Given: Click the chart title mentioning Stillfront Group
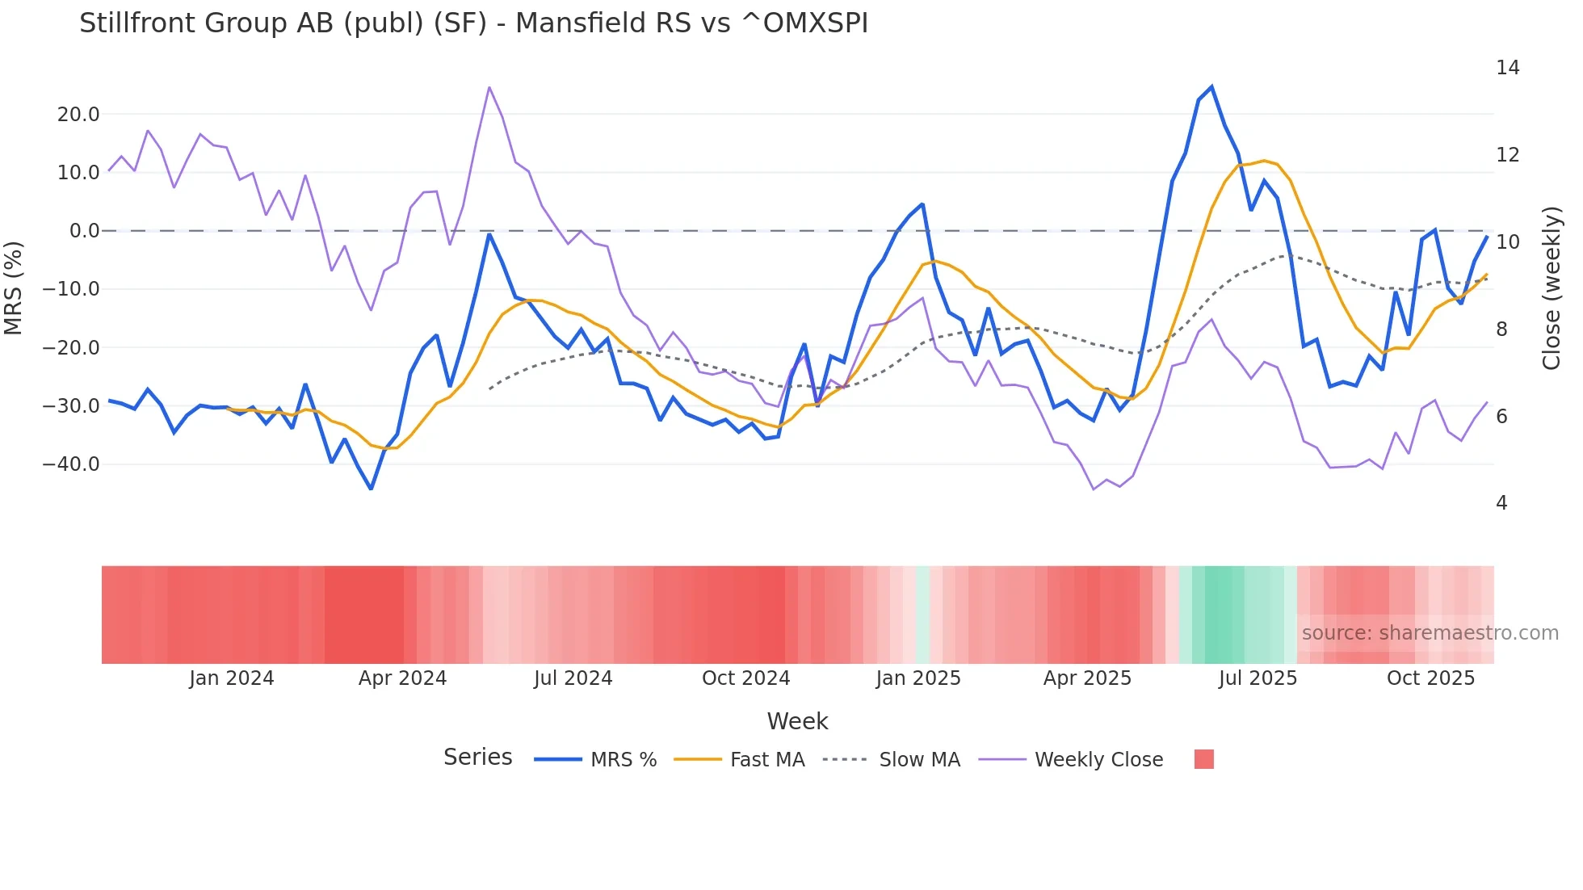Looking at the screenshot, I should [473, 23].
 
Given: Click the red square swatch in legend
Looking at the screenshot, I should [1203, 759].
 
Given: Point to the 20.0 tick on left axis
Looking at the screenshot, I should [78, 115].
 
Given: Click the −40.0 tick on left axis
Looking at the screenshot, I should [71, 464].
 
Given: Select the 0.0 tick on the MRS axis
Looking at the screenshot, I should [84, 231].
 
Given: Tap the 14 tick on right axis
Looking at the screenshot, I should [1507, 68].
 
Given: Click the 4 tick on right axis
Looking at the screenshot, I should [1501, 503].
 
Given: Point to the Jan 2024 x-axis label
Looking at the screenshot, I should [232, 678].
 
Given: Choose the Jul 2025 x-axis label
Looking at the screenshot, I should [1258, 678].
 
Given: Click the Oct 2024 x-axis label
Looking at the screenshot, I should [745, 678].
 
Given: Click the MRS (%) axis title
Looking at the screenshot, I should [14, 288].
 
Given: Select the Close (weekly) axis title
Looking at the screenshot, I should [1551, 288].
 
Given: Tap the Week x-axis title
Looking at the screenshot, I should [797, 721].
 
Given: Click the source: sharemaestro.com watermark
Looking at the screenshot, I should [1430, 633].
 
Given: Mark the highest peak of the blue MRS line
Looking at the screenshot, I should [1211, 87].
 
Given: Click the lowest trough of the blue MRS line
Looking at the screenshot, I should [371, 489].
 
